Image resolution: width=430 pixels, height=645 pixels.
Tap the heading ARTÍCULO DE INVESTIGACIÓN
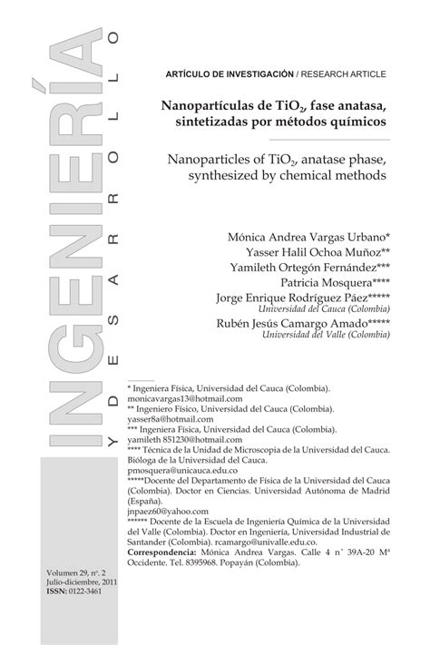click(x=230, y=72)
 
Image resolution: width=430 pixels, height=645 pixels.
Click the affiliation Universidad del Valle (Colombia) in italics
click(x=313, y=334)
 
